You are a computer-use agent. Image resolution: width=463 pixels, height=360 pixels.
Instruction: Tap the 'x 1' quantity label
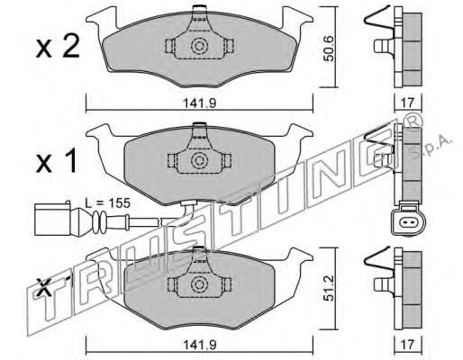tap(56, 161)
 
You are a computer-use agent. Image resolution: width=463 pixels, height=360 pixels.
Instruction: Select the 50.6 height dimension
tap(330, 49)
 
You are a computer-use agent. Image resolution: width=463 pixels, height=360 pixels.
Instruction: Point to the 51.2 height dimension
tap(330, 289)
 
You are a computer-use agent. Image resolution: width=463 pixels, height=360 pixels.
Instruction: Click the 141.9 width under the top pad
tap(200, 103)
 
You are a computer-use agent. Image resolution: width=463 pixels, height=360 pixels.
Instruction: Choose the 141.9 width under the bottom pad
tap(200, 345)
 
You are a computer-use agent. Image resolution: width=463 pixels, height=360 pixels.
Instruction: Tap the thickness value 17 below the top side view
tap(407, 103)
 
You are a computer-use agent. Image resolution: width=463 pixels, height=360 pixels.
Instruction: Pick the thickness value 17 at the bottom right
tap(407, 345)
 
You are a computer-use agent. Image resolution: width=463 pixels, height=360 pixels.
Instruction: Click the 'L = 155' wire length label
tap(107, 203)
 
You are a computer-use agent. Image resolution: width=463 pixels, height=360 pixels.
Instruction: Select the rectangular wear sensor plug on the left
tap(53, 220)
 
